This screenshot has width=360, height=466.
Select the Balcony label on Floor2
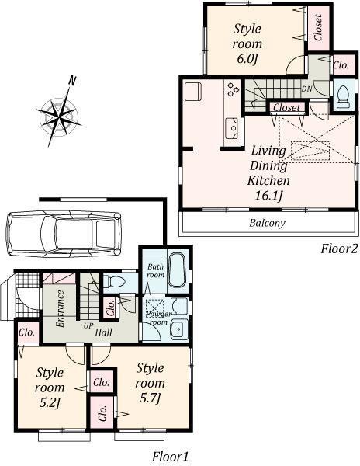(267, 223)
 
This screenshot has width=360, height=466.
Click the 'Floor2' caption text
(340, 249)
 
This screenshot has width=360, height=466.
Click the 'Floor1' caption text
(170, 456)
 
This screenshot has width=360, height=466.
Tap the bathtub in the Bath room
(176, 270)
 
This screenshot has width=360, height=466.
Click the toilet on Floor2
(341, 95)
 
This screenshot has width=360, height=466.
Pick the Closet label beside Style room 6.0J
(318, 27)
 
